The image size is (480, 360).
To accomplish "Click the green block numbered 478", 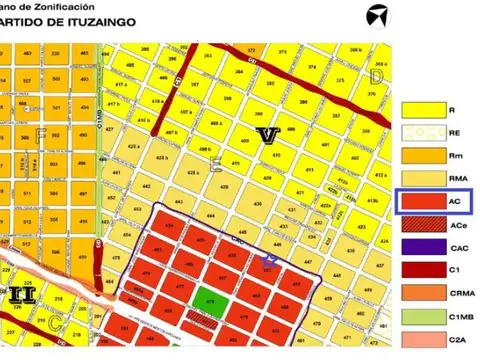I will pos(210,299).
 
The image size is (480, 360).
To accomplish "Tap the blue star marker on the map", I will pos(267,262).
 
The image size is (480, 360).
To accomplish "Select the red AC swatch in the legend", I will pos(421,202).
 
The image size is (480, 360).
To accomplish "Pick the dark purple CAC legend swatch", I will pos(421,248).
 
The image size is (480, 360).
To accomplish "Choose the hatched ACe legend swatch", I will pos(421,225).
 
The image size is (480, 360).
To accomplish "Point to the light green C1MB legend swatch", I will pos(421,317).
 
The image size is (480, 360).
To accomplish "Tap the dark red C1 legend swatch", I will pos(421,271).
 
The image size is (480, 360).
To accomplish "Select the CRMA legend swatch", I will pos(421,294).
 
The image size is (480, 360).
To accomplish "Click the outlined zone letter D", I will pos(376,75).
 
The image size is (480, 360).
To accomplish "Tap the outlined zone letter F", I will pos(41,132).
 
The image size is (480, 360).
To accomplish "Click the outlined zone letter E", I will pos(215,165).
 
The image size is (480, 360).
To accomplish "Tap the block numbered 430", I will pos(258,205).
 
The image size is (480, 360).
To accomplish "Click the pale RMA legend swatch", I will pos(421,179).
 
